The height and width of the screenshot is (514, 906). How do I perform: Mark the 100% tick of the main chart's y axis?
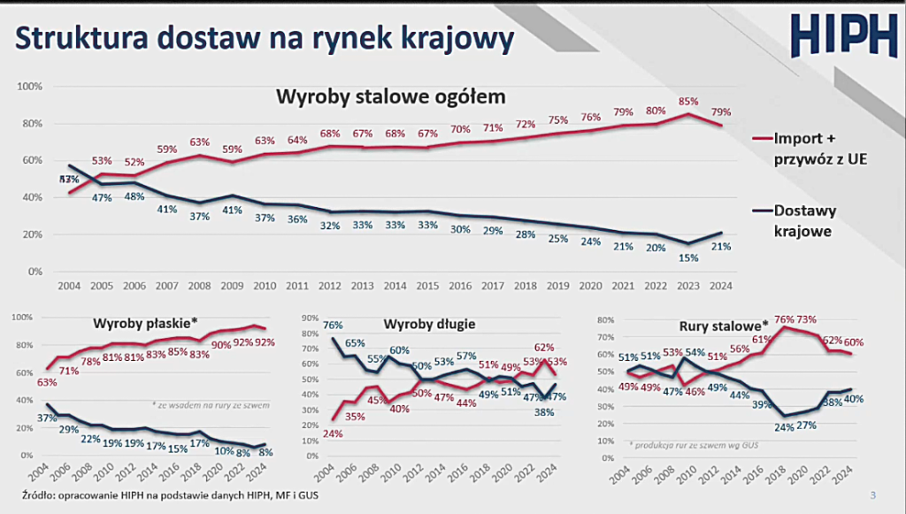tap(30, 87)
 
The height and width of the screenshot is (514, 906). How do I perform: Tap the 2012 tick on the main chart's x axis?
tap(329, 287)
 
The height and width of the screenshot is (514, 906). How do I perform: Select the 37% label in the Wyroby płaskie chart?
tap(46, 417)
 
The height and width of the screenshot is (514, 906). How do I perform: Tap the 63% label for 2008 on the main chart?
tap(200, 142)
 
